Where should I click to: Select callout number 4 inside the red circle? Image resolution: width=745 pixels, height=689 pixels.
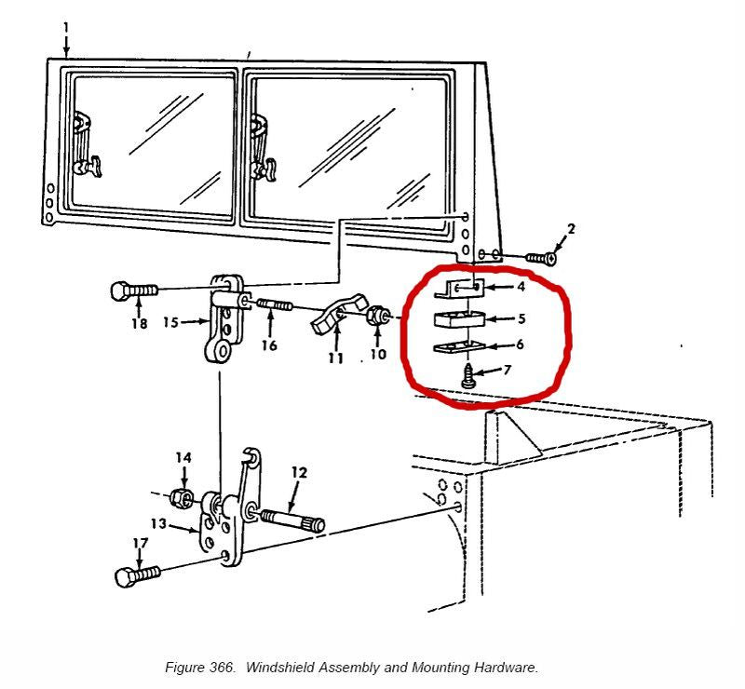521,286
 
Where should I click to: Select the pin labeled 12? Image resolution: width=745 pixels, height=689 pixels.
292,519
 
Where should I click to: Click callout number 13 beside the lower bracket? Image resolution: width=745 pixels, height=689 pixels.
158,524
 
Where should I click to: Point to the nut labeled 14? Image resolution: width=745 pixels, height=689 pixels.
184,498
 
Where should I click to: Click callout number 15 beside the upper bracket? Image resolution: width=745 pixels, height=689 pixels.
170,322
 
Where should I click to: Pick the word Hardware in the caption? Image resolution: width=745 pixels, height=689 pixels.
508,668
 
